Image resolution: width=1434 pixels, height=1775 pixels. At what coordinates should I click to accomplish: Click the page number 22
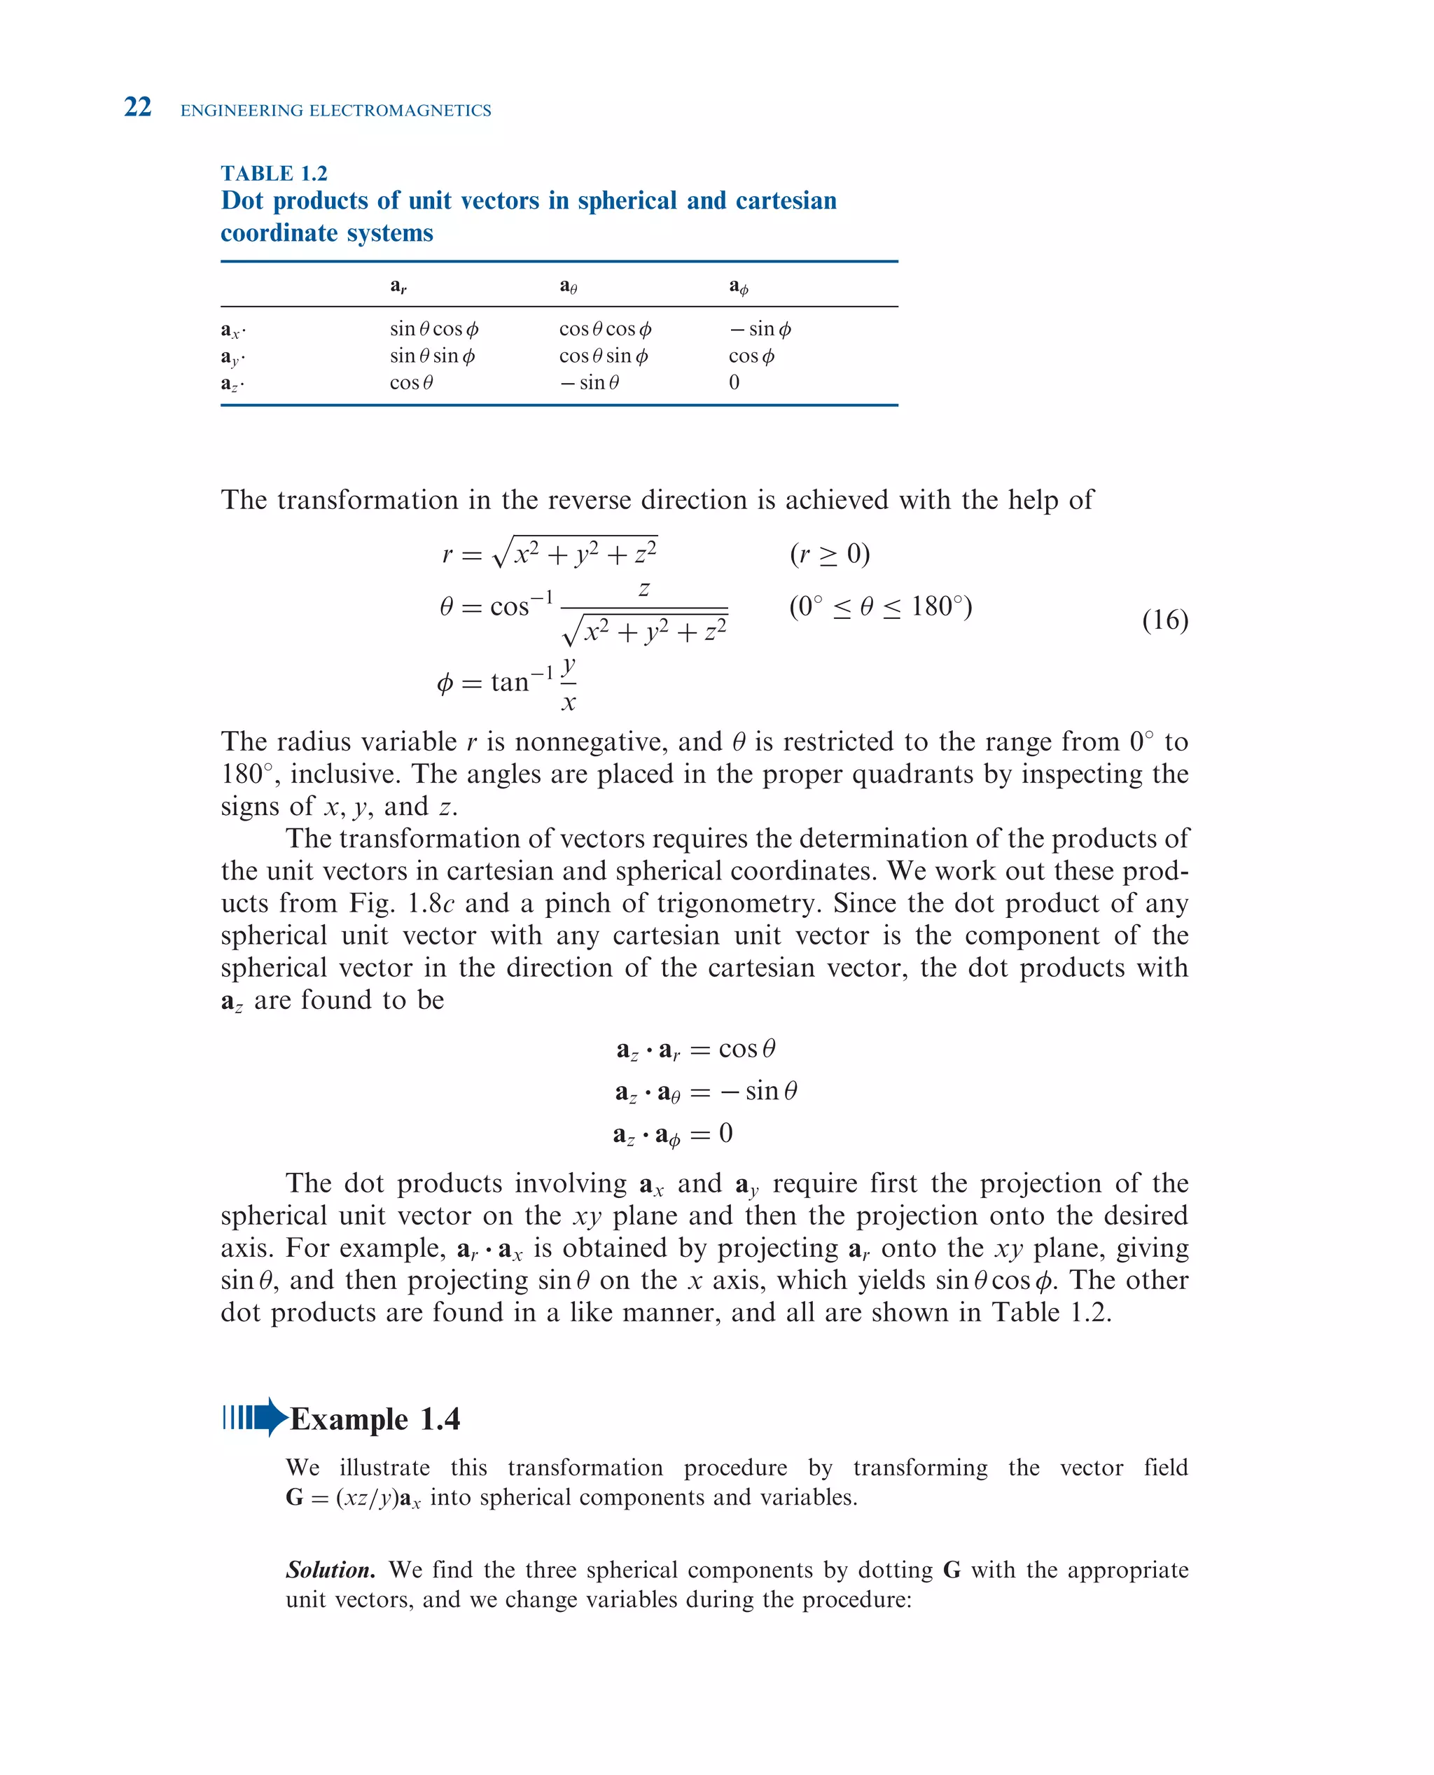[137, 107]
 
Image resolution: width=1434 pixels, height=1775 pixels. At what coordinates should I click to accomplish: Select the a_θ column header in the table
[569, 286]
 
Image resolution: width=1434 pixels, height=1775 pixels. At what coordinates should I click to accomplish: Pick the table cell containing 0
[734, 382]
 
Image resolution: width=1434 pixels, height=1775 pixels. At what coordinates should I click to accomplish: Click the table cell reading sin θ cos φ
[433, 328]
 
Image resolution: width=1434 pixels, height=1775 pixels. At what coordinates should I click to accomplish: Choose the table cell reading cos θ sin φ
[603, 356]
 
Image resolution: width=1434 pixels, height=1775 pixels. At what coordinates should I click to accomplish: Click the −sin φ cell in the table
[760, 328]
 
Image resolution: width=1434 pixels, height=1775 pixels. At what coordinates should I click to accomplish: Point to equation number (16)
[1164, 620]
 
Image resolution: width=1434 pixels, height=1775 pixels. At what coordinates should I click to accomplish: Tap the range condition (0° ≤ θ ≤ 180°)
[881, 607]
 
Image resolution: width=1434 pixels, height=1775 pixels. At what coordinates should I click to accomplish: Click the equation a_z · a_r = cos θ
[695, 1049]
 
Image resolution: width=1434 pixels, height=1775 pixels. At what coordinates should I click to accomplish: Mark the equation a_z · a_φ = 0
[672, 1134]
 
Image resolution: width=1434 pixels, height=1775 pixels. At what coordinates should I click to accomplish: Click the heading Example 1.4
[375, 1419]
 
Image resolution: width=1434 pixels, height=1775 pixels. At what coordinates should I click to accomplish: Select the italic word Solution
[330, 1569]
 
